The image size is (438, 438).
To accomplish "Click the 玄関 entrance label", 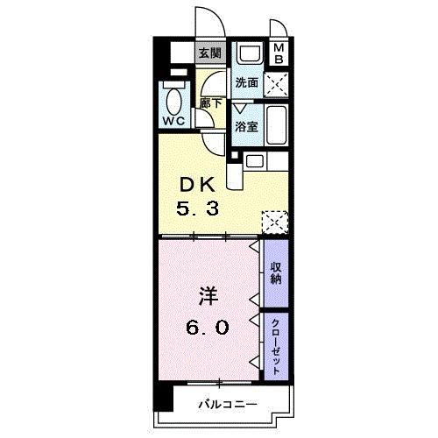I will click(209, 53).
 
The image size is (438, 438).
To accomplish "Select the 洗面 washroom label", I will click(246, 83).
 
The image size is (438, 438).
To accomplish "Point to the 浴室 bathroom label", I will click(246, 126).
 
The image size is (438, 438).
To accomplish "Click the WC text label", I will click(173, 122).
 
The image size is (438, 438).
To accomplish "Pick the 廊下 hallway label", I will click(210, 102).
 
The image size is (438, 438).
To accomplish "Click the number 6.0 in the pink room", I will click(208, 328).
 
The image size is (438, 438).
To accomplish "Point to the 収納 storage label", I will click(275, 272).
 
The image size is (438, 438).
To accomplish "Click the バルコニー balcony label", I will click(226, 405).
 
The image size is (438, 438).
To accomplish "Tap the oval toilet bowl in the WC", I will click(173, 97).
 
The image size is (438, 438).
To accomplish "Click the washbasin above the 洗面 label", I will click(249, 54).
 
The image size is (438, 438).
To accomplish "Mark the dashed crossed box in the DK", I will click(274, 222).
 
